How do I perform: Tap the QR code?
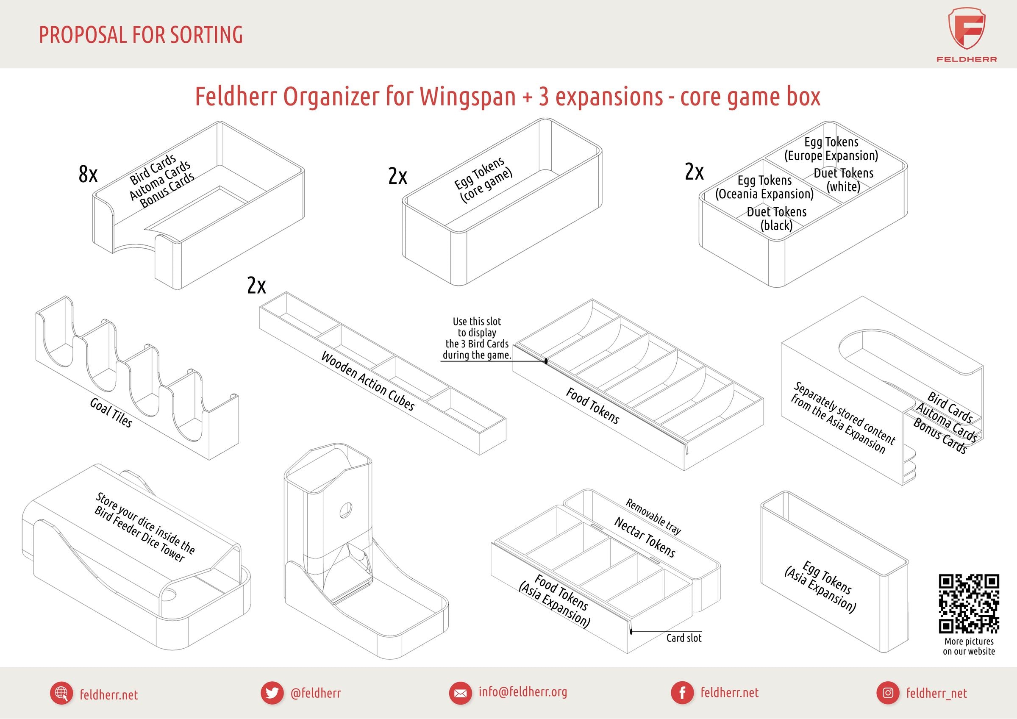click(x=969, y=604)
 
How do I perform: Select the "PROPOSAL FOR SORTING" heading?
click(x=141, y=35)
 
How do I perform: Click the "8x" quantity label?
click(x=88, y=174)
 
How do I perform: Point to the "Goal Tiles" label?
click(x=111, y=412)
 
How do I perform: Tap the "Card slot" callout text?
click(x=684, y=638)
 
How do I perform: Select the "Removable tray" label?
click(x=653, y=516)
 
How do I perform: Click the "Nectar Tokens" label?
click(x=645, y=537)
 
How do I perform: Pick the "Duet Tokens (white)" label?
click(x=843, y=179)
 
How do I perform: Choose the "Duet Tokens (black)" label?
click(x=776, y=218)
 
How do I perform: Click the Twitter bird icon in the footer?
click(x=272, y=693)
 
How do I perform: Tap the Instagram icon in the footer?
click(x=888, y=693)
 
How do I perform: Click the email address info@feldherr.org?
click(x=522, y=692)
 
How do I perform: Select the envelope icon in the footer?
click(x=460, y=693)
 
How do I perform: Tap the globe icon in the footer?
click(x=61, y=693)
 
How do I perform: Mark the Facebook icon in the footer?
click(x=682, y=693)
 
